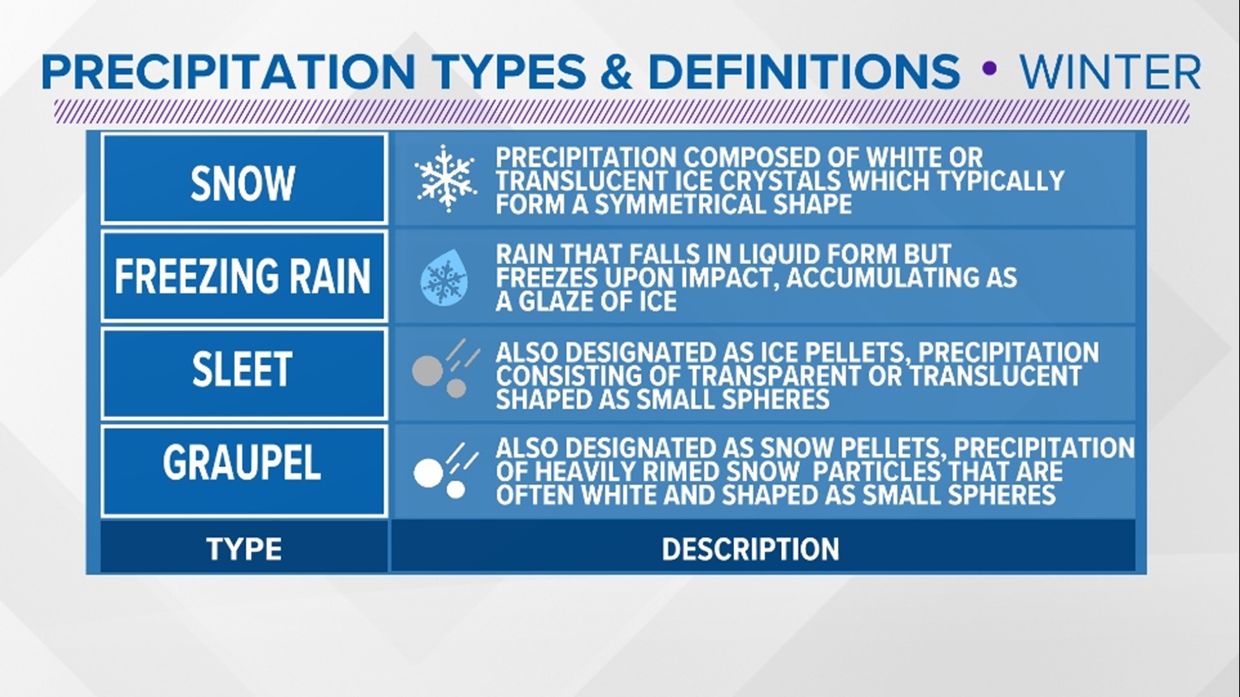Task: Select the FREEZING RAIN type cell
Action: point(243,276)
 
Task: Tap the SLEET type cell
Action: point(243,370)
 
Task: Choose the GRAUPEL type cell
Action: point(243,463)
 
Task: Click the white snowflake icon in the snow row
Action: point(445,179)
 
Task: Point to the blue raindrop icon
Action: point(444,278)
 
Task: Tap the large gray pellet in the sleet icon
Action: point(428,370)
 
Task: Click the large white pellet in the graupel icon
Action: point(428,473)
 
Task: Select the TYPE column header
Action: point(243,549)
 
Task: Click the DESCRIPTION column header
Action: point(750,549)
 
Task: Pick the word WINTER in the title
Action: point(1110,72)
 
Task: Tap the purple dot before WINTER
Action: point(989,69)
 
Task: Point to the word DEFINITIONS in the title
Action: point(803,72)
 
